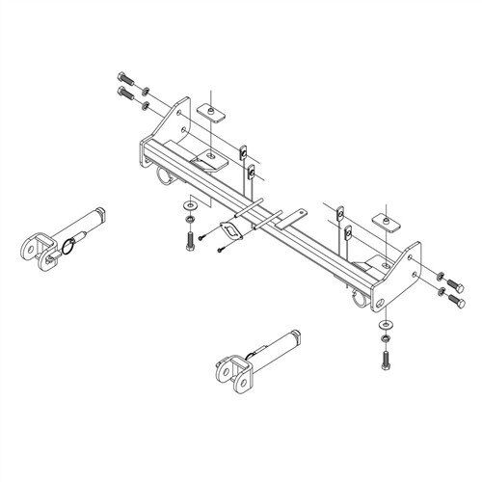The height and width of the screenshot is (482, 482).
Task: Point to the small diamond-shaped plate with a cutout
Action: coord(232,231)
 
